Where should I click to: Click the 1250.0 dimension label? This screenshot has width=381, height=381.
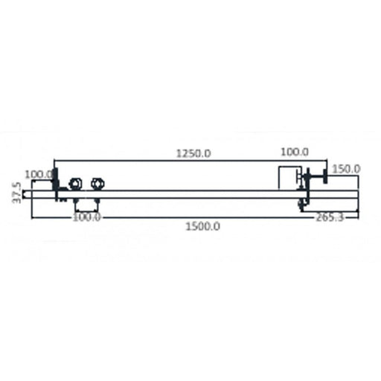coord(193,153)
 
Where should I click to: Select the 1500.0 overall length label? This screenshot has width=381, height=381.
coord(202,226)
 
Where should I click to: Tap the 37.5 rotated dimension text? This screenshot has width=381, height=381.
coord(16,193)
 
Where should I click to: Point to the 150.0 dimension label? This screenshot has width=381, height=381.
coord(346,170)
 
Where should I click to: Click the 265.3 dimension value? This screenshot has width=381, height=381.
coord(330,217)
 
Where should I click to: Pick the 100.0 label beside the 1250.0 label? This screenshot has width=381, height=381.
coord(295,152)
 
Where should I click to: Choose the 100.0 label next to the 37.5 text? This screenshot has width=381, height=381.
coord(39,175)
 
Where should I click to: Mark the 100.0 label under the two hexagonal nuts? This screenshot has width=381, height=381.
coord(86,217)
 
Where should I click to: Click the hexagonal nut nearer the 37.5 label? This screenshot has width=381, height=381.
coord(74,184)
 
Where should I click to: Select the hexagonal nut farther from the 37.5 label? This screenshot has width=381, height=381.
coord(97,184)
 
